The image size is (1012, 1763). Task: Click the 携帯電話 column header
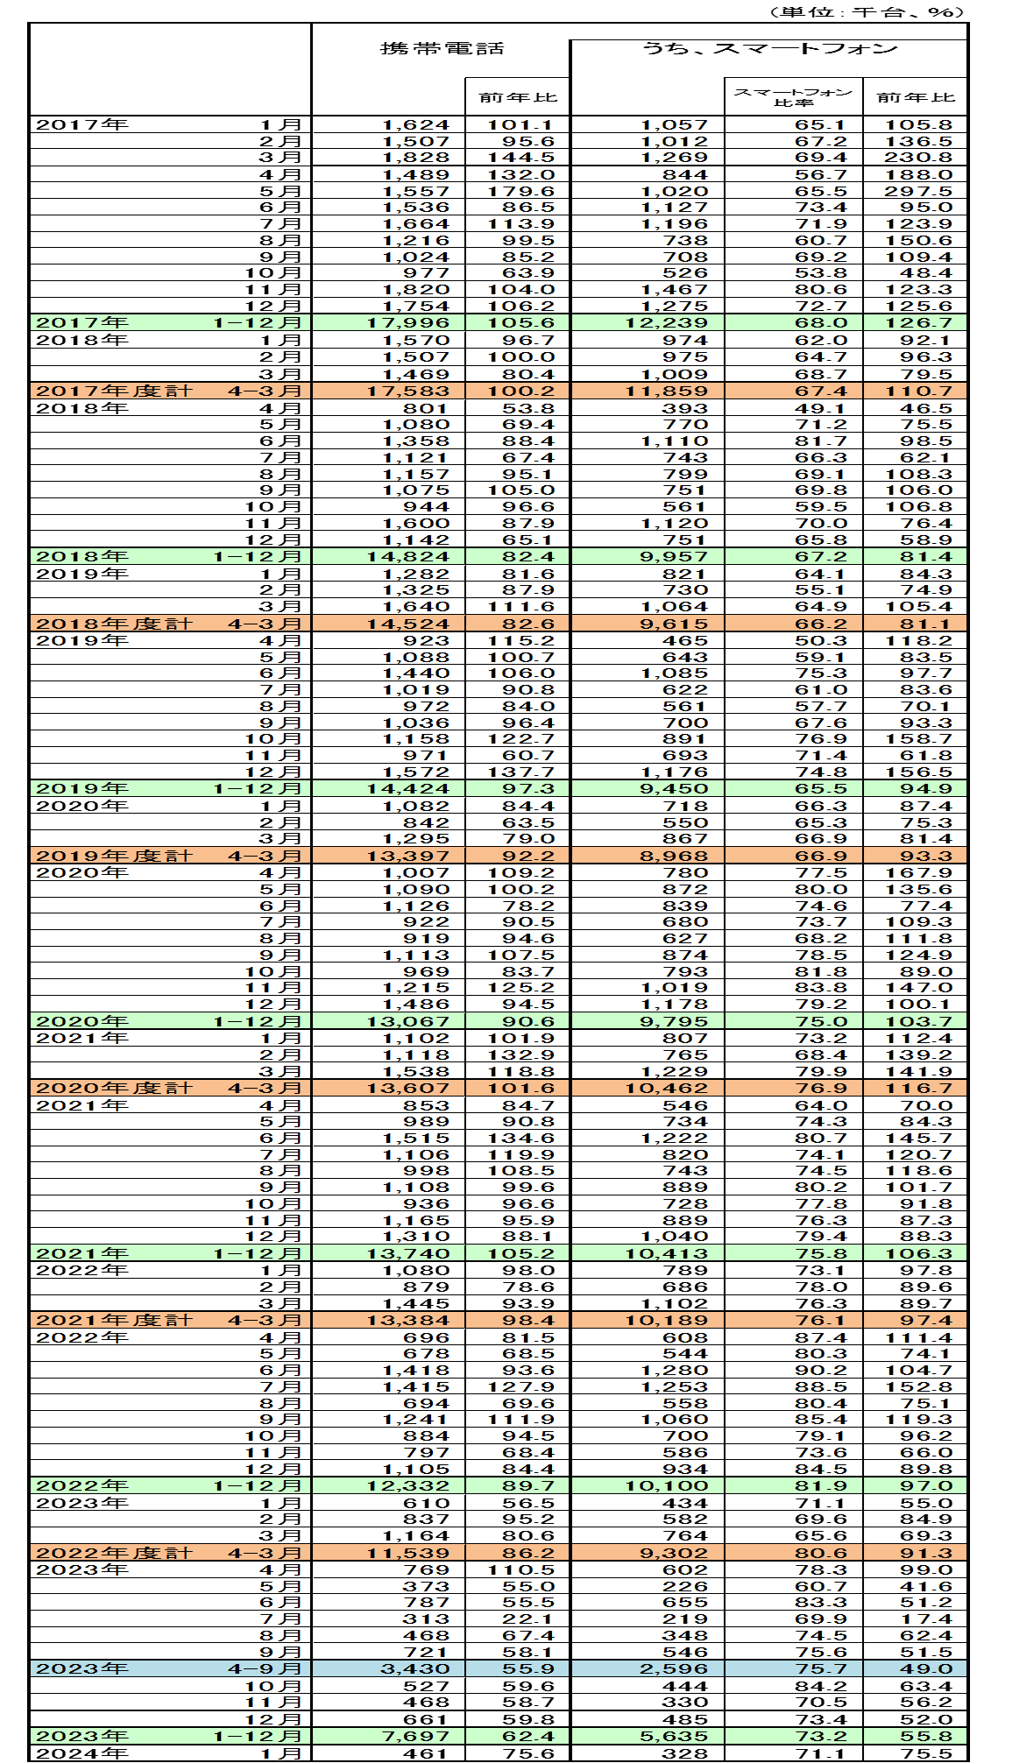point(442,48)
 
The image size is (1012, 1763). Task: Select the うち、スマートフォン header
point(769,48)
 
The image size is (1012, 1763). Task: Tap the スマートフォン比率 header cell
point(793,96)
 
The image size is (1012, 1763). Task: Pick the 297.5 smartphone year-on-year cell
point(917,192)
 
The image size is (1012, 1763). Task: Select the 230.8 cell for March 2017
point(917,159)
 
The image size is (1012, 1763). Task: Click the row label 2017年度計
point(113,391)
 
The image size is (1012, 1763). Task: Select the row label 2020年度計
point(113,1089)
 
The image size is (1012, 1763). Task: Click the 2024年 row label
point(81,1753)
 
